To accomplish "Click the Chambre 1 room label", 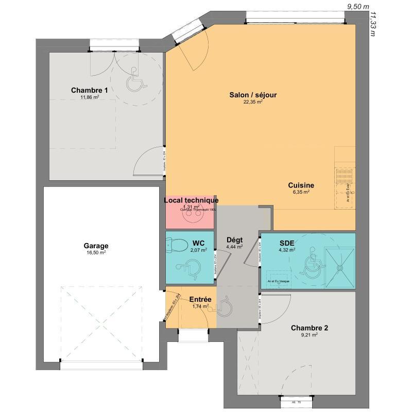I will click(90, 91).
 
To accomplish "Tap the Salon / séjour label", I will click(253, 95).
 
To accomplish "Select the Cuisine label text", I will click(301, 185).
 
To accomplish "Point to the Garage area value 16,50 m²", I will click(96, 253).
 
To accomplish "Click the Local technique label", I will click(191, 200).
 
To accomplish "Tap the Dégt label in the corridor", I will click(234, 240).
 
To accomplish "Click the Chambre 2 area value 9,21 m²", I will click(310, 335).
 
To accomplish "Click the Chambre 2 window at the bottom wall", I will click(296, 399).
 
